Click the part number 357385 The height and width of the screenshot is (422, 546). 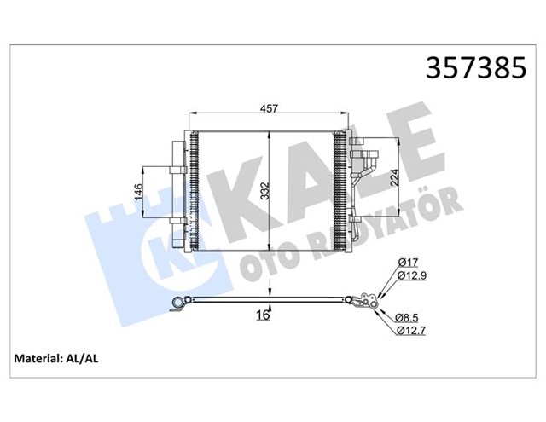coord(474,68)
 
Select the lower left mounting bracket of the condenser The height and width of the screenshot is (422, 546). coord(178,223)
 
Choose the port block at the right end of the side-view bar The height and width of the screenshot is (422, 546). coord(369,302)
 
